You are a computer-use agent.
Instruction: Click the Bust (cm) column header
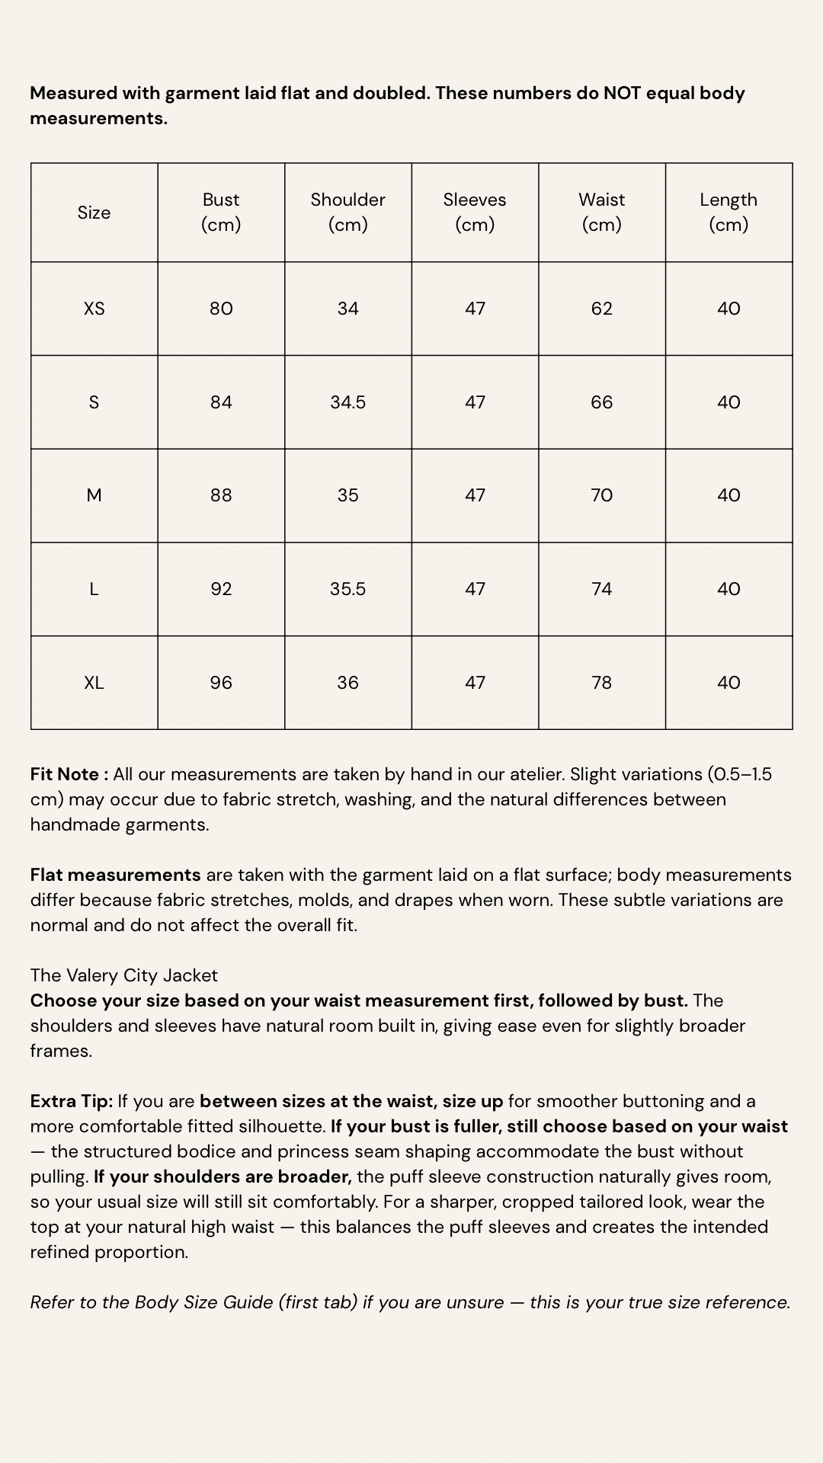coord(221,212)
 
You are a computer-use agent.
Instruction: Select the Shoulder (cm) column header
coord(347,212)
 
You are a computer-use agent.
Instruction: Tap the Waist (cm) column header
coord(601,212)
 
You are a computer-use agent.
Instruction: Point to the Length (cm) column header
coord(729,212)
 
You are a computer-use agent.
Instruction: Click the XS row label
coord(94,309)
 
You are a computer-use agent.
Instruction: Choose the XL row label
coord(94,683)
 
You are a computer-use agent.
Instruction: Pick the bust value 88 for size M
coord(221,495)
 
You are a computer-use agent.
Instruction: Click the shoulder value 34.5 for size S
coord(347,402)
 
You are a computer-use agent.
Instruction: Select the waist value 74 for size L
coord(601,589)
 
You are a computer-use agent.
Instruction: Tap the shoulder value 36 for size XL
coord(347,683)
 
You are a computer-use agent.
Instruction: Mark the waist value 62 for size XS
coord(601,309)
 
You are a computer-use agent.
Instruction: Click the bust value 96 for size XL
coord(221,683)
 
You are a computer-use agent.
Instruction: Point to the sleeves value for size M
coord(475,495)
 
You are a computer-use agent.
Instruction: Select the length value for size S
coord(729,402)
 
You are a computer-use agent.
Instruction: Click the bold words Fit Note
coord(66,774)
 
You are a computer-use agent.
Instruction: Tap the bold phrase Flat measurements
coord(115,875)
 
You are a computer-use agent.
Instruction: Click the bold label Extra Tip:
coord(72,1101)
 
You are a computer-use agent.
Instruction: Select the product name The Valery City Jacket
coord(124,975)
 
